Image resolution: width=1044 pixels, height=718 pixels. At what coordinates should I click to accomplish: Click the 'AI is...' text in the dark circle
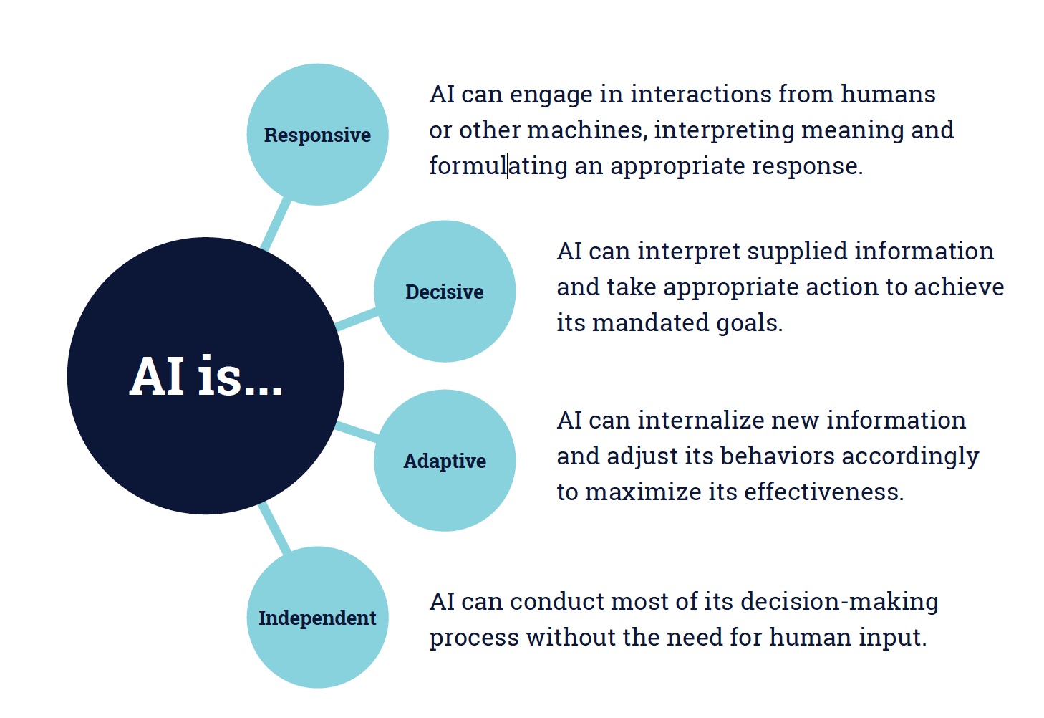pos(206,376)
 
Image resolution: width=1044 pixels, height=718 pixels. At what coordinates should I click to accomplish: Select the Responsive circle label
pos(317,135)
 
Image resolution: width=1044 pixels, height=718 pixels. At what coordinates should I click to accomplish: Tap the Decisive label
pos(445,292)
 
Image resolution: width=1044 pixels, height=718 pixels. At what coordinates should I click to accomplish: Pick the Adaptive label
pos(445,461)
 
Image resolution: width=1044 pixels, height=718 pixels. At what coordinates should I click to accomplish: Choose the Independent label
pos(317,618)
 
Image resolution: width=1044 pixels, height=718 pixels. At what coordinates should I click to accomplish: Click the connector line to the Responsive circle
pos(276,224)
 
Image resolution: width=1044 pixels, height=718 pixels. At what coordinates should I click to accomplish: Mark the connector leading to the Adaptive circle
pos(357,432)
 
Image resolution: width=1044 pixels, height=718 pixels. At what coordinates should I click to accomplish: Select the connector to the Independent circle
pos(274,527)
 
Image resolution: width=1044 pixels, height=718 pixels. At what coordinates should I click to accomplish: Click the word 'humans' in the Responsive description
pos(888,95)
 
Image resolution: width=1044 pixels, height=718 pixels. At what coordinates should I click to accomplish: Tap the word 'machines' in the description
pos(587,130)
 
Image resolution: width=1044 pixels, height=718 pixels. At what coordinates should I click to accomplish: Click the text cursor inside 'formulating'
pos(508,166)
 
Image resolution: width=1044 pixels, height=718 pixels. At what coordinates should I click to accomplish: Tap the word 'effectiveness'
pos(823,492)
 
